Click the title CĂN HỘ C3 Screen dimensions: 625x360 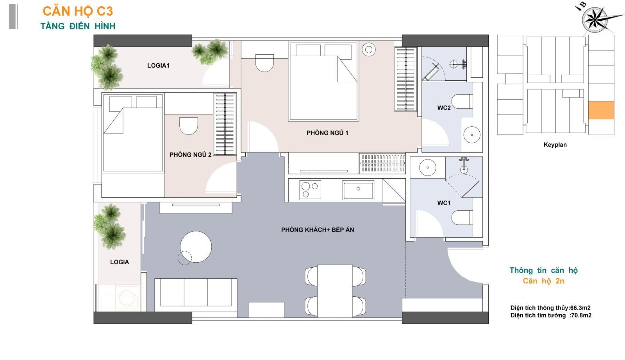pyautogui.click(x=78, y=11)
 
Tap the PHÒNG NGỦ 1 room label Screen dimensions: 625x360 pyautogui.click(x=327, y=133)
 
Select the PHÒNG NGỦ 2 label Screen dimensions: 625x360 pyautogui.click(x=191, y=155)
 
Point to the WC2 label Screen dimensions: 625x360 pyautogui.click(x=444, y=108)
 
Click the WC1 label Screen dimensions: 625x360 pyautogui.click(x=444, y=203)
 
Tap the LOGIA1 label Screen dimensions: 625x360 pyautogui.click(x=158, y=66)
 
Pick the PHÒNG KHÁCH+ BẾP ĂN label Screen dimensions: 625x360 pyautogui.click(x=318, y=230)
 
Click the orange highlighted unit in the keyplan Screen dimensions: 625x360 pyautogui.click(x=601, y=110)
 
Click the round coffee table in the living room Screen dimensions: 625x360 pyautogui.click(x=196, y=247)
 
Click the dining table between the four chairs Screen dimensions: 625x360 pyautogui.click(x=335, y=291)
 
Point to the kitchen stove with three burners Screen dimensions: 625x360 pyautogui.click(x=310, y=190)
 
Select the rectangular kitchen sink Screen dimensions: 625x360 pyautogui.click(x=358, y=190)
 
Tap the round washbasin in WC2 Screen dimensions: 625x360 pyautogui.click(x=472, y=134)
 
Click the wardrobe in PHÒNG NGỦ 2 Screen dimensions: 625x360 pyautogui.click(x=225, y=124)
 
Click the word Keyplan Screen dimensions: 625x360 pyautogui.click(x=555, y=145)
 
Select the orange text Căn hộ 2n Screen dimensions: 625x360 pyautogui.click(x=543, y=281)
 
